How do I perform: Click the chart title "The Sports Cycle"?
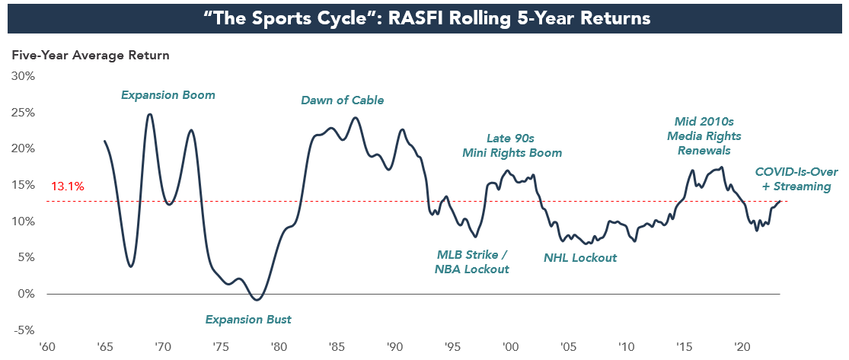[424, 18]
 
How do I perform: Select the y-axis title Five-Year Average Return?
[89, 56]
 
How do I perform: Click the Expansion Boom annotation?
[168, 96]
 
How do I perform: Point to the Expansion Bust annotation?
[248, 320]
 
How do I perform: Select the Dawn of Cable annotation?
[343, 100]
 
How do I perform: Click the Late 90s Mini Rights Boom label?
[512, 145]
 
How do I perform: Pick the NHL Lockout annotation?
[580, 258]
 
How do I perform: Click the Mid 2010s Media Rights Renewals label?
[704, 135]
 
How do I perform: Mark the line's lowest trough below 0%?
[257, 300]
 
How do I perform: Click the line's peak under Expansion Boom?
[149, 114]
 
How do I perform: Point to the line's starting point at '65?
[104, 141]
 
